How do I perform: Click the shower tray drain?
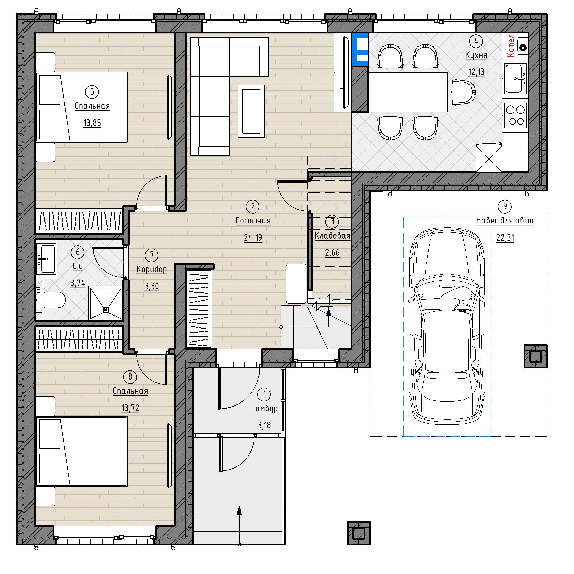click(105, 310)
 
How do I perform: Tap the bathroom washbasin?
click(46, 259)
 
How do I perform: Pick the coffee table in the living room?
click(251, 111)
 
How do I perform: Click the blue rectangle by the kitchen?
click(360, 49)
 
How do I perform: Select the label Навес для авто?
click(505, 221)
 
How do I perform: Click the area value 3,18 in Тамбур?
click(264, 426)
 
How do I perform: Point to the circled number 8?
click(130, 377)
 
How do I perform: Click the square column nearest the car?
click(535, 356)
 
